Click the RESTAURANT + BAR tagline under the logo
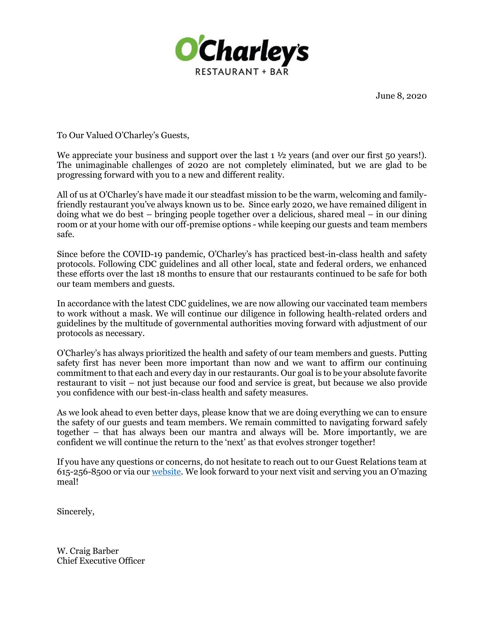[x=242, y=71]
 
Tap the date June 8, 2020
[x=401, y=96]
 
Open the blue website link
[x=166, y=472]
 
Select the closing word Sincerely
[x=75, y=512]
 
